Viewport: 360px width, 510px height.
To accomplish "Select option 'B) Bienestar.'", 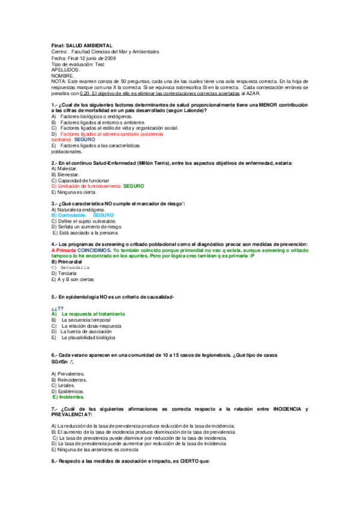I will click(x=66, y=174).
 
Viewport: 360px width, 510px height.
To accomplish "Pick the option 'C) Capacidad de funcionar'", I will click(x=81, y=180).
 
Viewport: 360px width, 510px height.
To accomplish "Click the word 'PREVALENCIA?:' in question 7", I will click(x=72, y=415).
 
